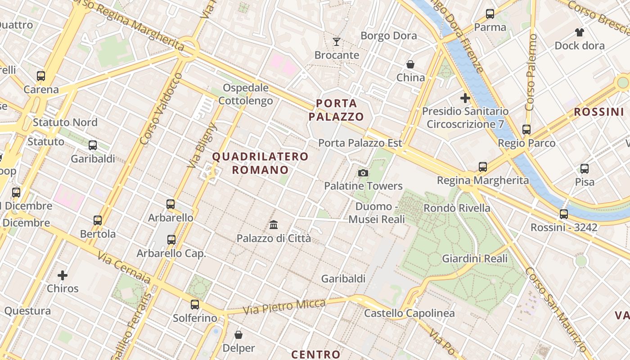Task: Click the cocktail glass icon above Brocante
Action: (337, 42)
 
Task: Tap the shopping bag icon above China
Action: (410, 64)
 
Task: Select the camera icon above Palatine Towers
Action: (363, 173)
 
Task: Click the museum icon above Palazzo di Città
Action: (274, 225)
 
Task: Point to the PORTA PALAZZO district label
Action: (336, 110)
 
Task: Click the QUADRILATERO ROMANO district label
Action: (260, 163)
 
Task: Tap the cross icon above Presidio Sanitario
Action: (465, 98)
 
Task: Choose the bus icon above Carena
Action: (41, 76)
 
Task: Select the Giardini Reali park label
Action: (475, 259)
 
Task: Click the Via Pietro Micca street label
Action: (284, 307)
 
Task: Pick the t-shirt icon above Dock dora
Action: (579, 32)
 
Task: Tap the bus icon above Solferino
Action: (195, 305)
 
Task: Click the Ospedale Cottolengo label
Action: (246, 94)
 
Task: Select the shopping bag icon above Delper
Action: (238, 335)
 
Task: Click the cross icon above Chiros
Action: (63, 275)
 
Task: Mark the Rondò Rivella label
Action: (457, 208)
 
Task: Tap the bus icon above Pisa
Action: (585, 169)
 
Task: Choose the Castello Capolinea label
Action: (409, 313)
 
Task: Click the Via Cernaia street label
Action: (124, 268)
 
